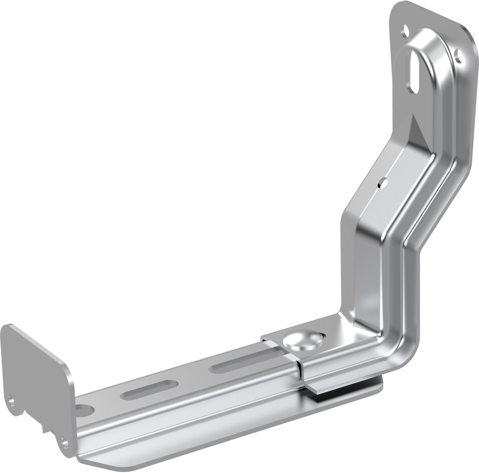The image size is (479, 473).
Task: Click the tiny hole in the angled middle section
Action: pyautogui.click(x=381, y=183)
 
